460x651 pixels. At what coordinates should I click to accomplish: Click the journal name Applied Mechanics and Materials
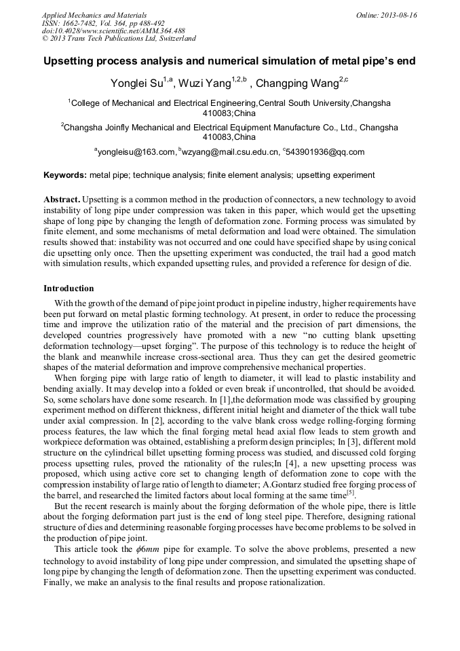[94, 15]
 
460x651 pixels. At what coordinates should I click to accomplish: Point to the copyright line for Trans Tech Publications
[119, 39]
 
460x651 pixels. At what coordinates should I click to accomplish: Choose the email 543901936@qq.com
[326, 152]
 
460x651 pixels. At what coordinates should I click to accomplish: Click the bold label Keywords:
[65, 175]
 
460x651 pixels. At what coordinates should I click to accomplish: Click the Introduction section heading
[69, 289]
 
